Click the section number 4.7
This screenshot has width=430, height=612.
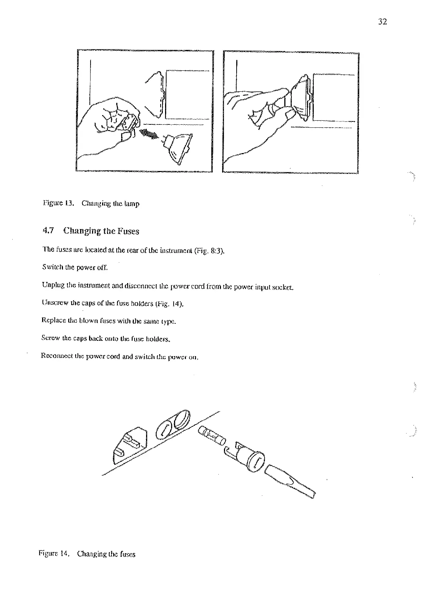click(x=49, y=231)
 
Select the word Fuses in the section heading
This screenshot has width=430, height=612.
click(x=128, y=231)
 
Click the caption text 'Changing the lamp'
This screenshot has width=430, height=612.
click(x=111, y=204)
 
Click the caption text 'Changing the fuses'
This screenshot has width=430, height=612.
click(x=106, y=554)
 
